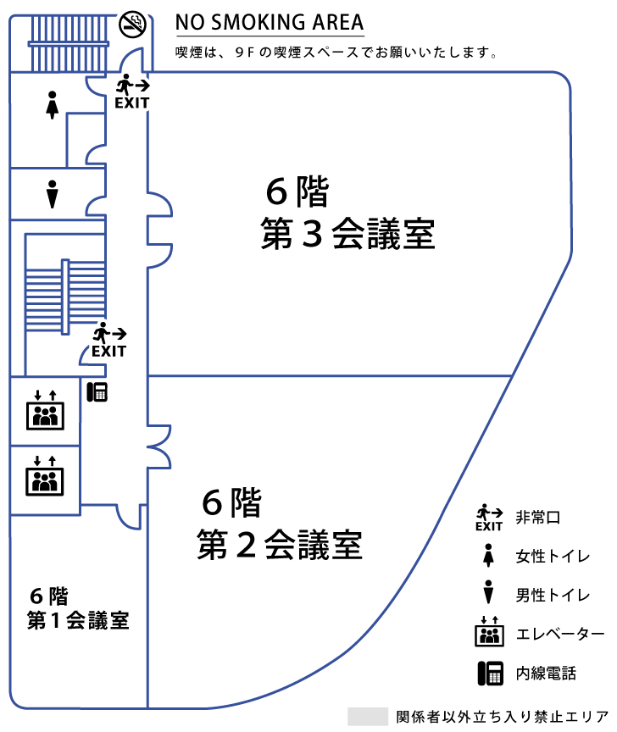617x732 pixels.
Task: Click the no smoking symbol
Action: tap(133, 23)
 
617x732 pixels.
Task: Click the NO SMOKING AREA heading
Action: tap(270, 22)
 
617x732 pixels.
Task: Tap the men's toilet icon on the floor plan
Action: tap(53, 194)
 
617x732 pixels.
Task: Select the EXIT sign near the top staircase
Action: tap(132, 92)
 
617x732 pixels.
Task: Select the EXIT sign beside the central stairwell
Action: tap(109, 340)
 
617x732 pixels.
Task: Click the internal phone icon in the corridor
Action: tap(97, 391)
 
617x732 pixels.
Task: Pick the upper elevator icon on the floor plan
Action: tap(45, 409)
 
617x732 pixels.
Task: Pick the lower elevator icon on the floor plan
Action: tap(45, 475)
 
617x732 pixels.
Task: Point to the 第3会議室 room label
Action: tap(347, 235)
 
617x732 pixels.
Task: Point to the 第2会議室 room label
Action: tap(279, 544)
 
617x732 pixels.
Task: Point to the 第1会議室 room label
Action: tap(78, 620)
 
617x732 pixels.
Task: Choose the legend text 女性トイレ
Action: tap(553, 557)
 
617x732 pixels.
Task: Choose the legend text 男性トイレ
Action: tap(553, 595)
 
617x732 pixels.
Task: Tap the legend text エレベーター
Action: tap(560, 634)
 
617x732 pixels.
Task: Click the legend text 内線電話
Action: tap(546, 674)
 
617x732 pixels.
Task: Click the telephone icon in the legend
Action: tap(489, 673)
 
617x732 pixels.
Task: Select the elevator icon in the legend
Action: tap(489, 633)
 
